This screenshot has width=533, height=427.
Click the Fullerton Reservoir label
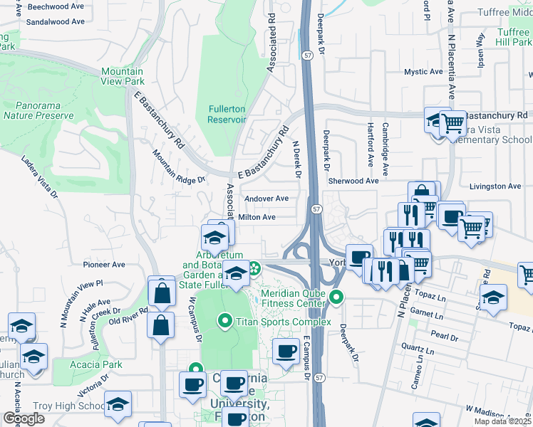[227, 114]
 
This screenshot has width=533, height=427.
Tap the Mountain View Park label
[122, 76]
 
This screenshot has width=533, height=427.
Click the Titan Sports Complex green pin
[226, 322]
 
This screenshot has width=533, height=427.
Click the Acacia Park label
[97, 364]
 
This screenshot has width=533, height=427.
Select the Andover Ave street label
[266, 199]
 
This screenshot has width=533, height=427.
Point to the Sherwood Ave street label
[353, 181]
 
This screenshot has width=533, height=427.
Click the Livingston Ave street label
[495, 186]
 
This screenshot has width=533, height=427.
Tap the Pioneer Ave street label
[105, 264]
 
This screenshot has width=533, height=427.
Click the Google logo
[24, 418]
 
